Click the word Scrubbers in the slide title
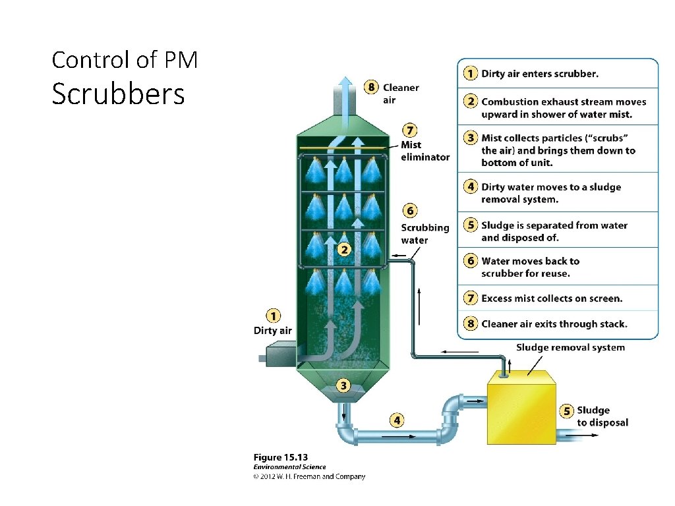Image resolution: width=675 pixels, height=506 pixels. pos(118,95)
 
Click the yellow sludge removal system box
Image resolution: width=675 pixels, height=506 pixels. pos(520,407)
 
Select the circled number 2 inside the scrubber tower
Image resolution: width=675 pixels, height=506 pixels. pos(343,250)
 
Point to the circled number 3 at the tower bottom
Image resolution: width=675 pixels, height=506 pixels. pos(343,385)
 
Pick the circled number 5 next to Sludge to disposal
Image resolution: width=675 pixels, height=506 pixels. pos(566,411)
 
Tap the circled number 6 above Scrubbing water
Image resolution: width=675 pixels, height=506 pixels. pos(410,211)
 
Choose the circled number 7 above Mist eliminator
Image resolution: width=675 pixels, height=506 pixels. pos(410,130)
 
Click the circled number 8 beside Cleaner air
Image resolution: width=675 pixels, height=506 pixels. pos(372,87)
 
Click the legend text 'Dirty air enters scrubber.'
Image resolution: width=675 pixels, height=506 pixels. pos(540,74)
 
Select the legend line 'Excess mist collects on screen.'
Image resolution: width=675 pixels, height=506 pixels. pos(552,298)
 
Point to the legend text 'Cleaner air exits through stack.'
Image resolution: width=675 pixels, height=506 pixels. pos(554,323)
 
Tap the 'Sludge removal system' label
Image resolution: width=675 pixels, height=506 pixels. pos(570,347)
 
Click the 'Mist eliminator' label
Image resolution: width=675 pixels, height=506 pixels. pos(425,151)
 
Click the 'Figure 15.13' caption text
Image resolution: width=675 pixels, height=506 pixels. pos(281,457)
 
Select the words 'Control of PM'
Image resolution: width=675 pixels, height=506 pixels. pos(125,61)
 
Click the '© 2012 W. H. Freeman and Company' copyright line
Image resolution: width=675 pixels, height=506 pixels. pos(309,476)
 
